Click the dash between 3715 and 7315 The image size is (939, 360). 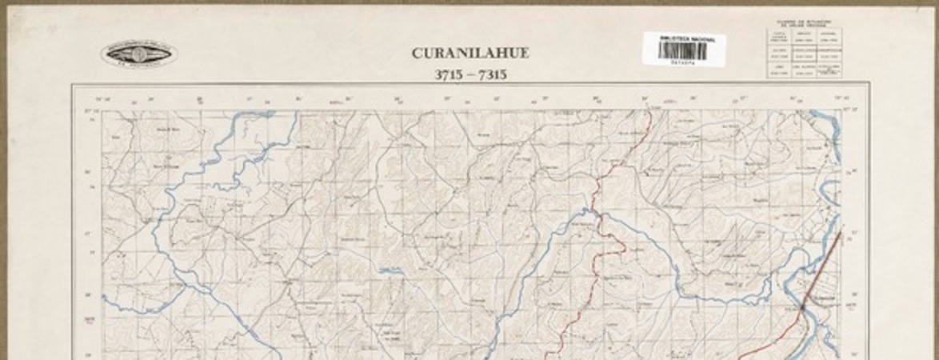[x=470, y=75]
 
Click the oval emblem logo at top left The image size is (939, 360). [x=139, y=54]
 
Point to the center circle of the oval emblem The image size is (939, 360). [x=139, y=54]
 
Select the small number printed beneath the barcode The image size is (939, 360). [x=682, y=63]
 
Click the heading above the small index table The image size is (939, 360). [x=804, y=23]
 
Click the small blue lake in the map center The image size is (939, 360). [x=390, y=270]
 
